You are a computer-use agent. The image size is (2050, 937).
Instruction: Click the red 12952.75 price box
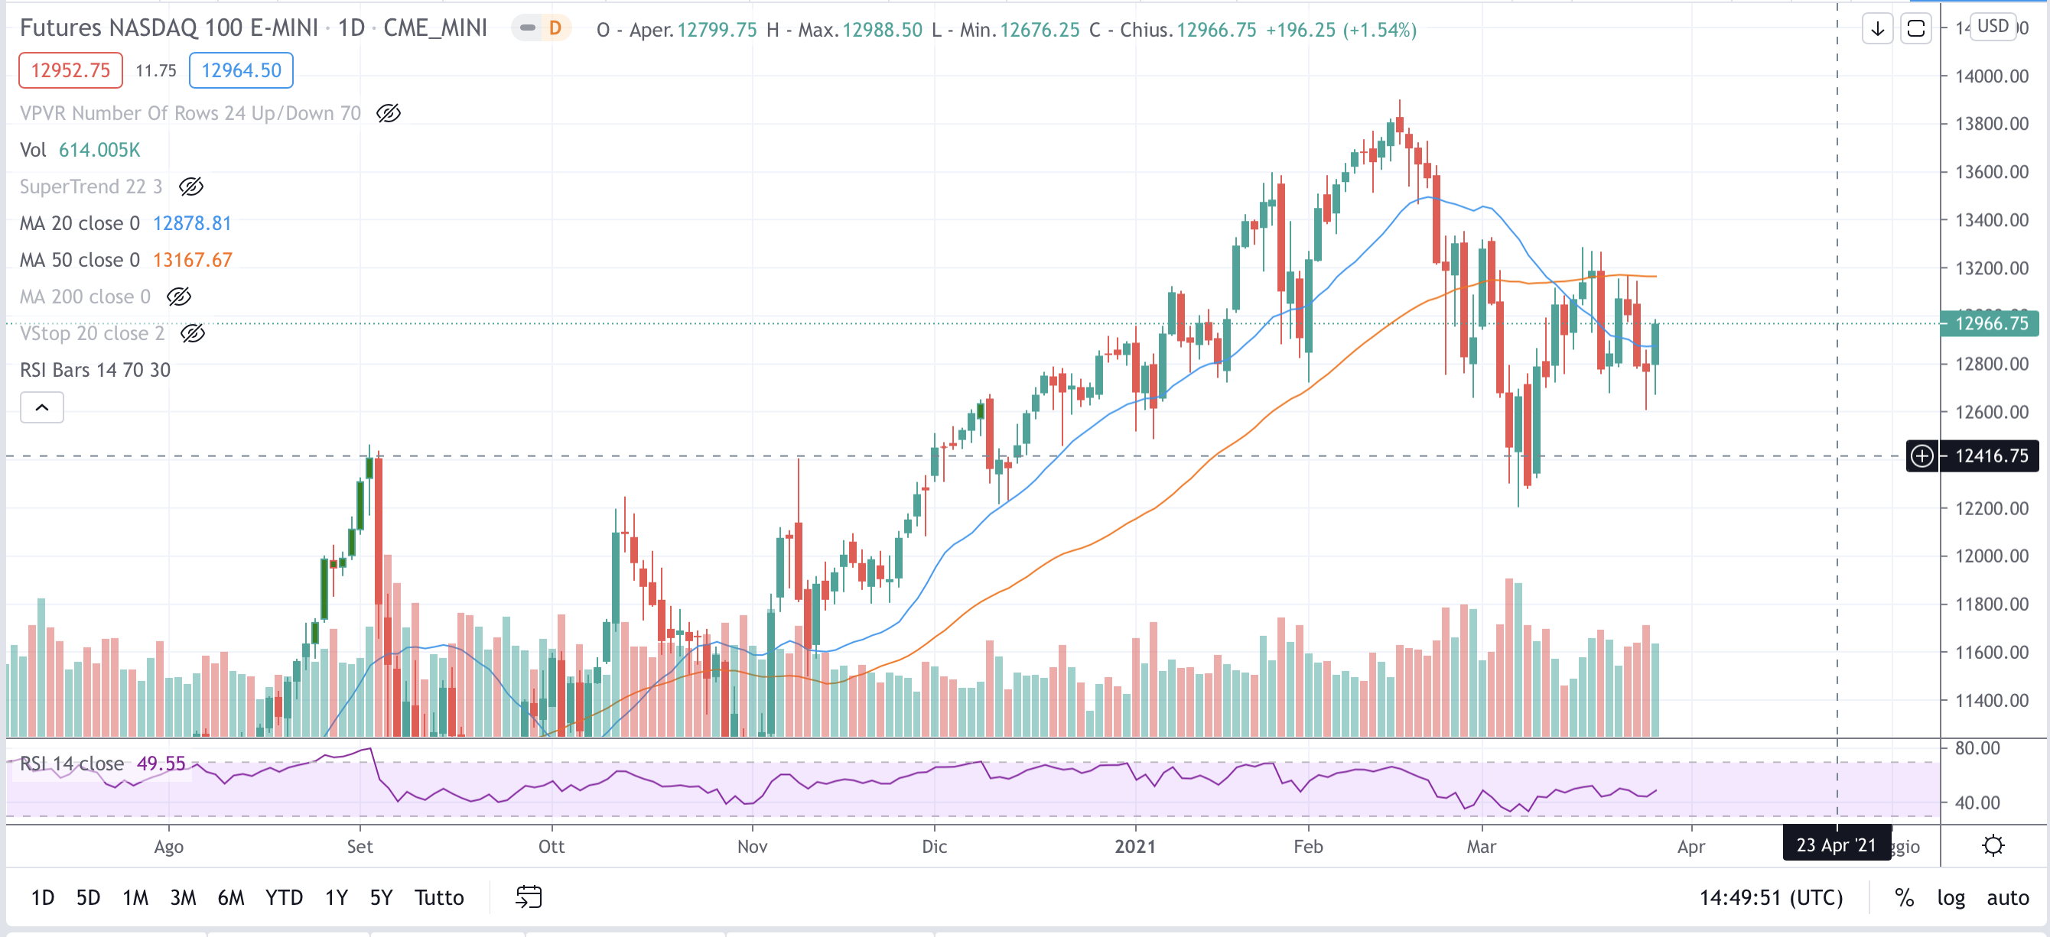coord(70,70)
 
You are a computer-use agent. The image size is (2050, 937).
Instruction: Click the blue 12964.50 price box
coord(240,70)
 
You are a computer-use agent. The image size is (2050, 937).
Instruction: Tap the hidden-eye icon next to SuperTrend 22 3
coord(191,186)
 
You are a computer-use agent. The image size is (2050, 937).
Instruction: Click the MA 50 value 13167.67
coord(192,260)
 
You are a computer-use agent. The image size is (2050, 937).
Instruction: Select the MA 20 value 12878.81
coord(191,223)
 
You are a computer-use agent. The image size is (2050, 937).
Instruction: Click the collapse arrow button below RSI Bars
coord(41,407)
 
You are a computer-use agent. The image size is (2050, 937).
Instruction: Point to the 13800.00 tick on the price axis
coord(1991,123)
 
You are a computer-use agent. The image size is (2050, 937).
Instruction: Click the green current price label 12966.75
coord(1990,323)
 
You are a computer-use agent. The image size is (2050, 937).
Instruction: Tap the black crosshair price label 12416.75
coord(1990,456)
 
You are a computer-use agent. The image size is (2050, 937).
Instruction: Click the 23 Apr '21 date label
coord(1835,845)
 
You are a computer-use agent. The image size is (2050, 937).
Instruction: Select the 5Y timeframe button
coord(380,897)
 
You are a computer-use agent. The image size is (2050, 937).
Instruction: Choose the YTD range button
coord(283,897)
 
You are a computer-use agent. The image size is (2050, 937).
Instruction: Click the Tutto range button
coord(438,897)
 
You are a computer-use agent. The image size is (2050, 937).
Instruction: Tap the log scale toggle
coord(1950,897)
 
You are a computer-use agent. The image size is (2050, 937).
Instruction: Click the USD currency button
coord(1992,26)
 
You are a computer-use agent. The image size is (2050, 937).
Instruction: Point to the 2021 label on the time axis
coord(1134,846)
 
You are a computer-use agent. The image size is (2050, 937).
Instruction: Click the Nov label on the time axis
coord(751,846)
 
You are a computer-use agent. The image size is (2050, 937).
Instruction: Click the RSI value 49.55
coord(161,764)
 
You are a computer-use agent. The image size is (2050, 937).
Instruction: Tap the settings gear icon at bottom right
coord(1992,845)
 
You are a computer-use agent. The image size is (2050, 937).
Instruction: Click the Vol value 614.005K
coord(99,150)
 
